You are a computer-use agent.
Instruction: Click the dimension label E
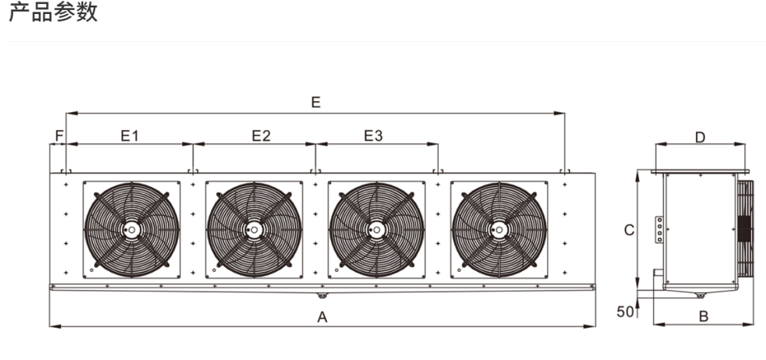click(316, 102)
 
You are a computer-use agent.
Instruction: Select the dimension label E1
click(130, 135)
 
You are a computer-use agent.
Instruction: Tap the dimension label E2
click(261, 135)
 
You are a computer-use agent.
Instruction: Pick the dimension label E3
click(374, 135)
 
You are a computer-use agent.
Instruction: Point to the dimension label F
click(59, 135)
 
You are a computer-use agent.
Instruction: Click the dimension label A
click(322, 317)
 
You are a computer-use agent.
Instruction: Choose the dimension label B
click(703, 316)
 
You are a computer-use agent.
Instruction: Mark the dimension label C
click(630, 230)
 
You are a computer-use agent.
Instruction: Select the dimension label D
click(701, 138)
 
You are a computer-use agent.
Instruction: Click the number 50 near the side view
click(625, 311)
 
